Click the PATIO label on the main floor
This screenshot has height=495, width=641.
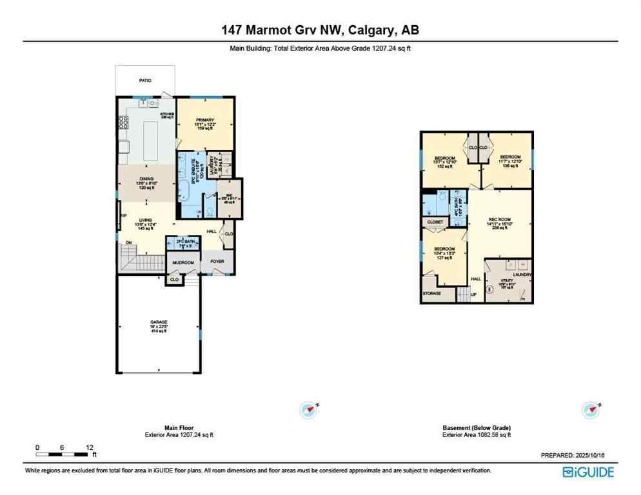coord(144,81)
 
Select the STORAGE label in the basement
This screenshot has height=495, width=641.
coord(431,293)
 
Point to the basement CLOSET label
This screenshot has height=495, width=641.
coord(435,222)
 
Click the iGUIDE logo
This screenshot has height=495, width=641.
coord(587,472)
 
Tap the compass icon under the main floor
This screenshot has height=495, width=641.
coord(309,409)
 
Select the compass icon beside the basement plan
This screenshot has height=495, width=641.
coord(590,409)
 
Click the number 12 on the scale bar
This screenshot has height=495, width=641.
coord(90,447)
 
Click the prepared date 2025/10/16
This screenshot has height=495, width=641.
coord(591,455)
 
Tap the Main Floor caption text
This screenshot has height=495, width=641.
coord(179,428)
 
